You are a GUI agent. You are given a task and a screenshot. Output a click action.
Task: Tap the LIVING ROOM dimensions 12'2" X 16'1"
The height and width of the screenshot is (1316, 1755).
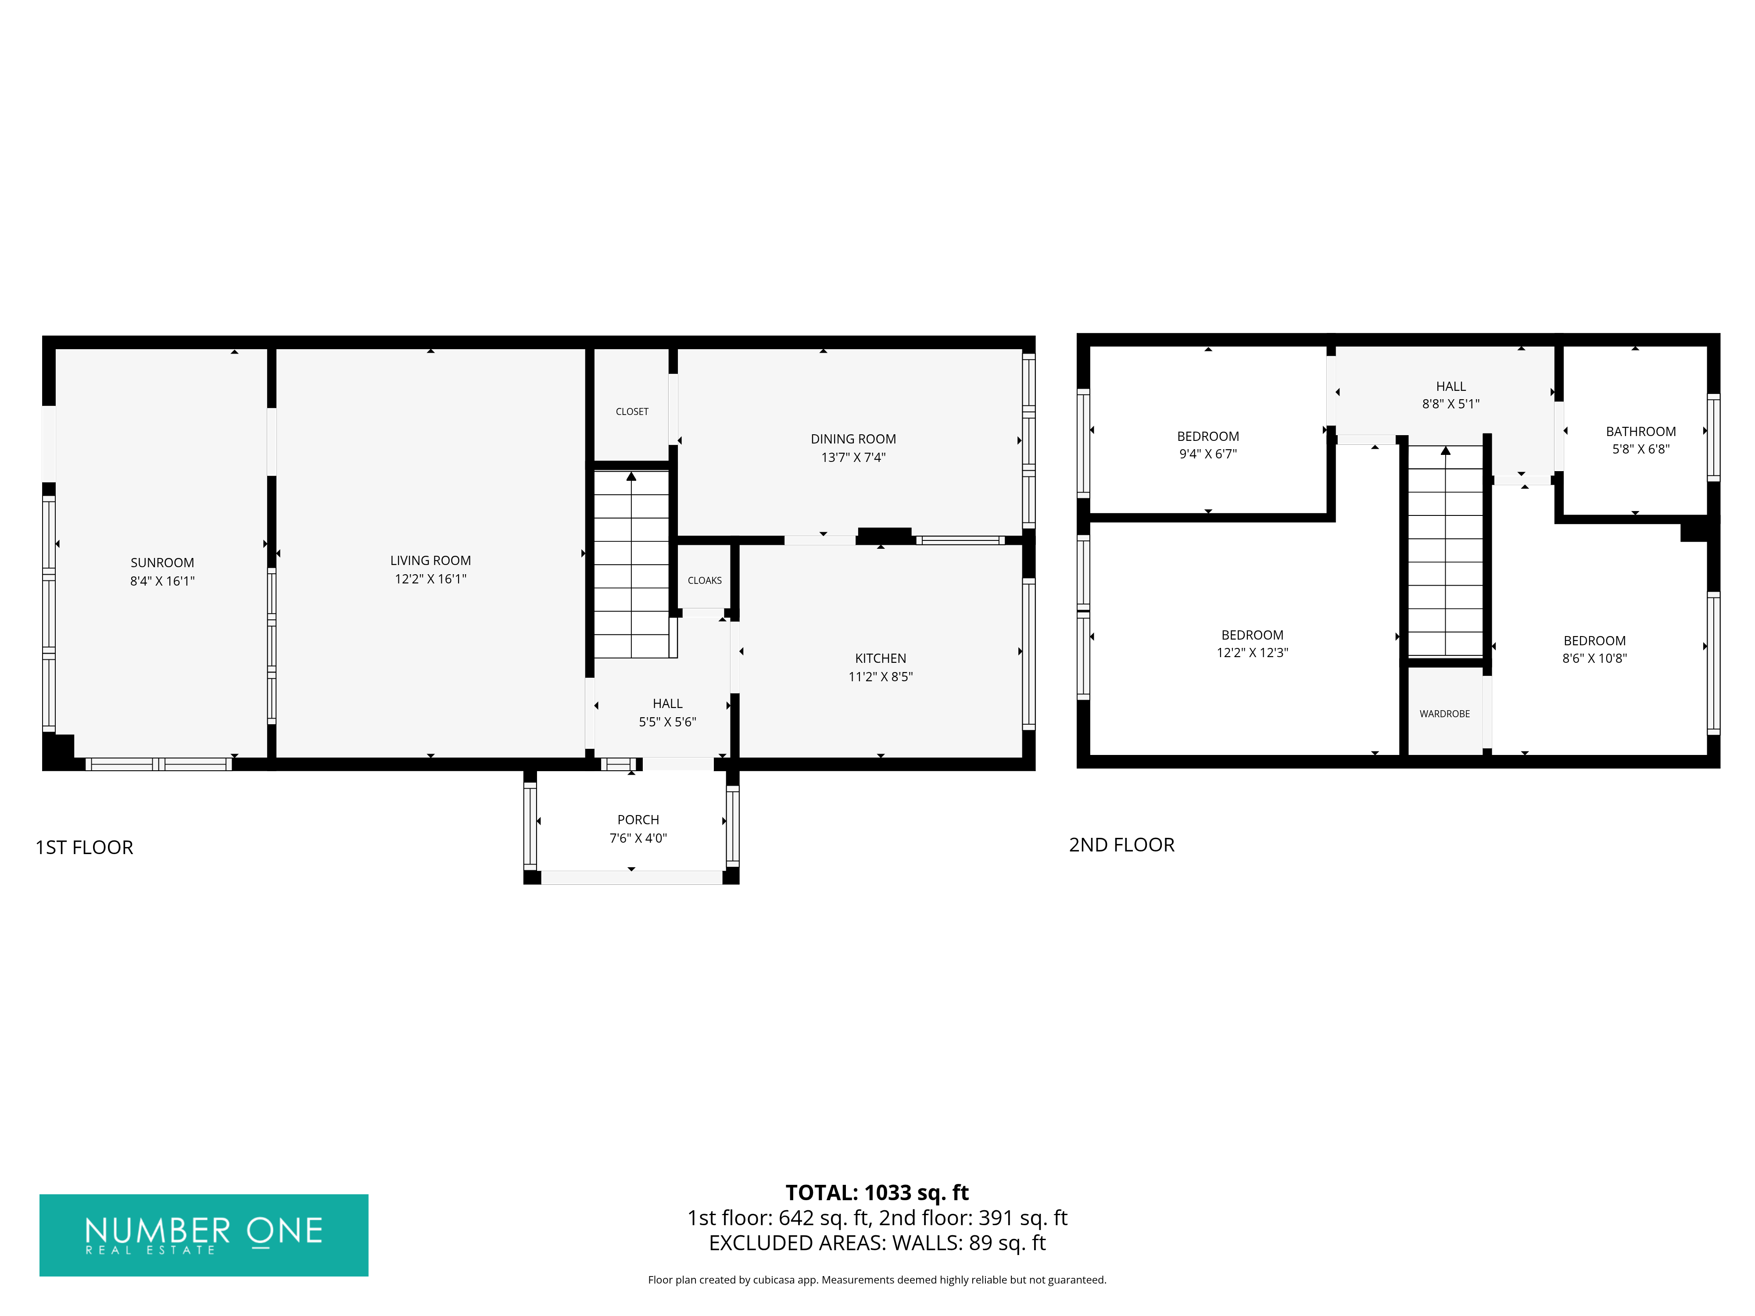point(431,579)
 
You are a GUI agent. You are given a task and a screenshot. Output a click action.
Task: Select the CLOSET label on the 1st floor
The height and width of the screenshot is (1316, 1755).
point(632,412)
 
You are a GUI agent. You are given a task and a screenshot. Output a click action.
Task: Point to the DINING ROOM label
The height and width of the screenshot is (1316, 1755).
point(854,439)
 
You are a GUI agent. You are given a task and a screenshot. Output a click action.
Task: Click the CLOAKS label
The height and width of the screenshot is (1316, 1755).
point(705,581)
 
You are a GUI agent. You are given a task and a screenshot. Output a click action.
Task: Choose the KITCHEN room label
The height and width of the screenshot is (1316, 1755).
point(881,658)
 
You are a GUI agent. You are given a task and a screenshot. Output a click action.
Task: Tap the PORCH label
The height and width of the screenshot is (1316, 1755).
point(639,819)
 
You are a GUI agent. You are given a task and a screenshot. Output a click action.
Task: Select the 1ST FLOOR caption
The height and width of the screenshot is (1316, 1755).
point(84,847)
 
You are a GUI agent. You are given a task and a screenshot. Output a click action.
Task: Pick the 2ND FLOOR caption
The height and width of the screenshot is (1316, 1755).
point(1122,845)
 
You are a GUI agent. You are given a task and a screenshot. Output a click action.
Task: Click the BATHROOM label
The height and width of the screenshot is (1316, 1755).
point(1641,432)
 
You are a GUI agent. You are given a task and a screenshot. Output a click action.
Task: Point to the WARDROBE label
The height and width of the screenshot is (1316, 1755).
point(1445,714)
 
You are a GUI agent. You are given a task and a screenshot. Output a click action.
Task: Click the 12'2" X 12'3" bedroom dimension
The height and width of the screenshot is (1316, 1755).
point(1253,653)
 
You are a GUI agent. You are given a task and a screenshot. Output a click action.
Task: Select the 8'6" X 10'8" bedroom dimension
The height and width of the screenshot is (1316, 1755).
point(1595,658)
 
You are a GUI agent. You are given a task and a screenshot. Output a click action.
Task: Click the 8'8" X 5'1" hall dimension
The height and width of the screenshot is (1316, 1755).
point(1451,404)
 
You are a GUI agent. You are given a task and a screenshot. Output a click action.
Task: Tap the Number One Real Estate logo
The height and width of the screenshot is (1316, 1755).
point(204,1235)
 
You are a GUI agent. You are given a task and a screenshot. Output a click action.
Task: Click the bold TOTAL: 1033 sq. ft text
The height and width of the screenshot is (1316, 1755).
point(877,1193)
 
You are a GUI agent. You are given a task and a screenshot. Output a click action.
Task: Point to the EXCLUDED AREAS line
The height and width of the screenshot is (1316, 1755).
point(877,1243)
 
